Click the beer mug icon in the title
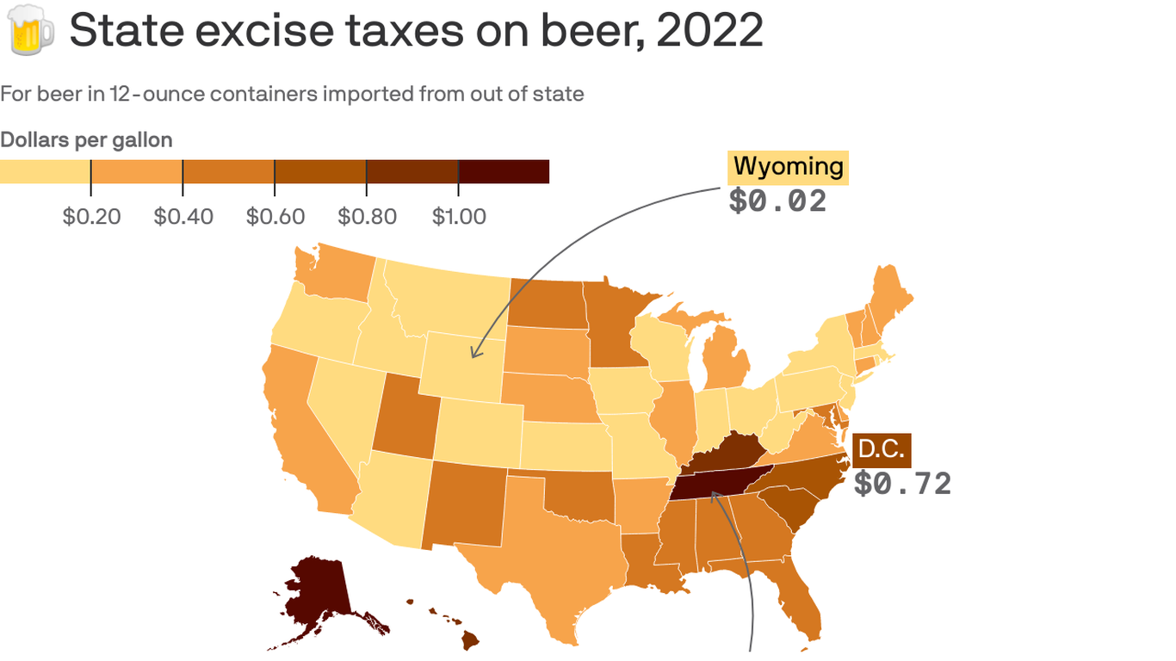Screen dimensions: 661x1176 click(30, 31)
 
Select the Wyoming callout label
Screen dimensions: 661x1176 click(788, 167)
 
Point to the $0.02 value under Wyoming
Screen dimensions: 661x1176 click(777, 201)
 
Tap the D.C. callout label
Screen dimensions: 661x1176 click(881, 450)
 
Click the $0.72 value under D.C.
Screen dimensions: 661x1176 click(902, 484)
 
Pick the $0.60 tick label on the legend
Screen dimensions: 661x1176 click(275, 216)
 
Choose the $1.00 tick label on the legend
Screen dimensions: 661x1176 click(459, 216)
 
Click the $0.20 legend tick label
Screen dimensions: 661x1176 click(91, 216)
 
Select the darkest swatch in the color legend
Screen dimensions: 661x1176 click(504, 171)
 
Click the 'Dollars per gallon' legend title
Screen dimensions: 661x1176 click(86, 140)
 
